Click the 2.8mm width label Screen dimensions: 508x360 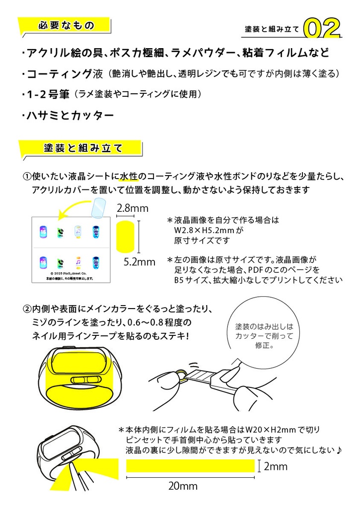(x=132, y=209)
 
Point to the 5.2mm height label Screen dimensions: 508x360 (x=139, y=261)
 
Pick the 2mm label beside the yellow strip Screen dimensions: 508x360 (x=276, y=466)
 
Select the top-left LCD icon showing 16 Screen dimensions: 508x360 (x=43, y=231)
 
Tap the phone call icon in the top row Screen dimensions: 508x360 (x=61, y=231)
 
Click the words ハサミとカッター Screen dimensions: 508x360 (x=72, y=116)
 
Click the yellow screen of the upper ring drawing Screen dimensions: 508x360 (x=81, y=360)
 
